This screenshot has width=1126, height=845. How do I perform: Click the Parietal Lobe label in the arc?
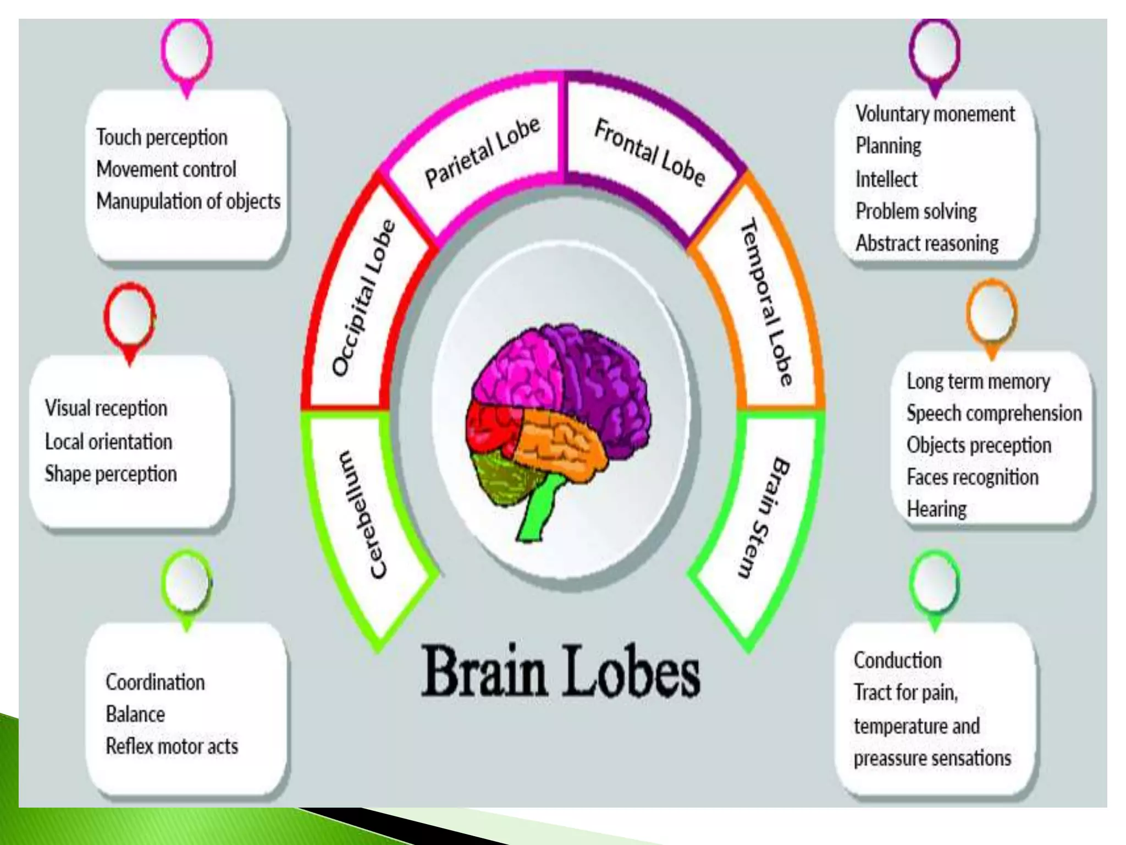coord(482,152)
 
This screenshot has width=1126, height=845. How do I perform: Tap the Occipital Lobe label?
coord(364,298)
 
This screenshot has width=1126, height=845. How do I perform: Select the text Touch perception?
coord(162,138)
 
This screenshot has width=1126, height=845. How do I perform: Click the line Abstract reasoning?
coord(926,243)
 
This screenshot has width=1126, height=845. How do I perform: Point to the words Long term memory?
coord(978,381)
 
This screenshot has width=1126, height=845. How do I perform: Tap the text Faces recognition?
coord(972,477)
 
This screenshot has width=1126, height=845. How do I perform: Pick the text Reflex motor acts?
coord(172,747)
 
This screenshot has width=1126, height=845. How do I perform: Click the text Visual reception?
coord(106,408)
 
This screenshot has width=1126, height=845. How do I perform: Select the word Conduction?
coord(897,660)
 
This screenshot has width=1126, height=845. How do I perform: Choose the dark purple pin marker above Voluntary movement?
coord(934,50)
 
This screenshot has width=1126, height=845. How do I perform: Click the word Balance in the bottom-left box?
coord(135,714)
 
